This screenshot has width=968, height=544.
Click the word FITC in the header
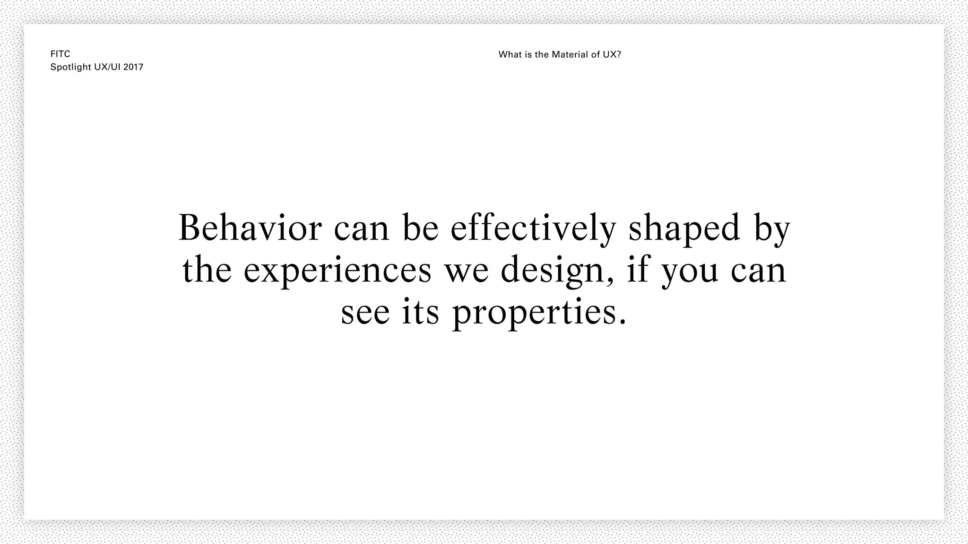point(60,54)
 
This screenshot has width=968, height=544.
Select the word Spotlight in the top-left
point(70,67)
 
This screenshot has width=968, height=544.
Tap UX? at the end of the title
point(612,55)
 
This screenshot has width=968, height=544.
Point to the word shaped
point(684,229)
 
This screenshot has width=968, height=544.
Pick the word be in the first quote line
point(421,228)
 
